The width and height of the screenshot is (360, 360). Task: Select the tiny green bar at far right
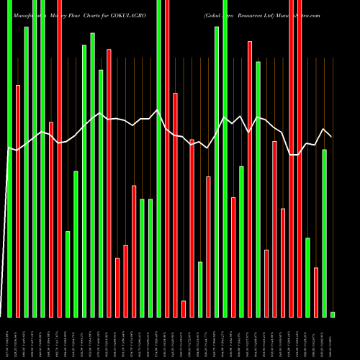pos(333,314)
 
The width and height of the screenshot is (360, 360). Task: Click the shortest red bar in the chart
pos(184,308)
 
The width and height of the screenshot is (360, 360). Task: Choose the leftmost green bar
pos(10,158)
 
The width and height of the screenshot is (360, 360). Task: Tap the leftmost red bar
pos(18,201)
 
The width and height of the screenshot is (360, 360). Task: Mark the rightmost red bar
pos(316,292)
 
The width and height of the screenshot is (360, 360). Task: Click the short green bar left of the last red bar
pos(307,276)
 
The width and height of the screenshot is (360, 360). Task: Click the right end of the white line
pos(331,137)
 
